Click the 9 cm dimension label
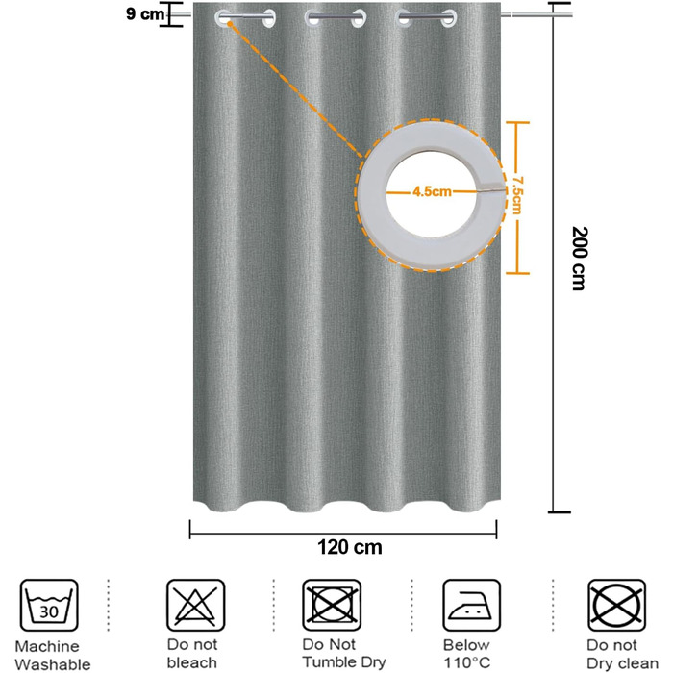click(x=145, y=13)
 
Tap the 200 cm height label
click(x=580, y=259)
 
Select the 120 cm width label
click(x=349, y=547)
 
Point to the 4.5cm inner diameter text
click(x=432, y=191)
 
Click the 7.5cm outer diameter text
click(x=517, y=195)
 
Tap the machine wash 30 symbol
click(x=49, y=605)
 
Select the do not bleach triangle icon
click(x=196, y=605)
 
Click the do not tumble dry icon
click(x=332, y=605)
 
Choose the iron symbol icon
click(x=471, y=605)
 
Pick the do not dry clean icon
click(x=617, y=605)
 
